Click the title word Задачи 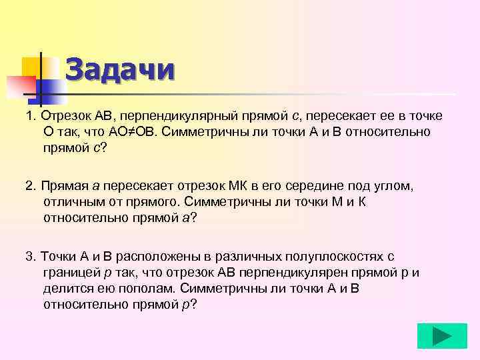coord(120,69)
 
